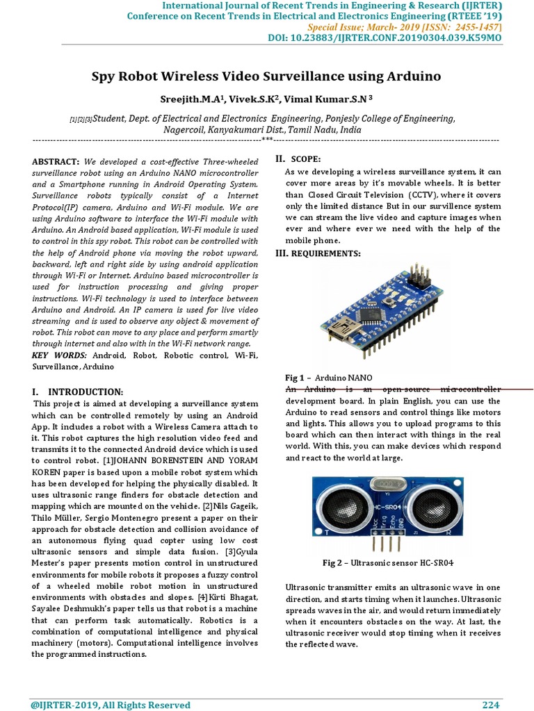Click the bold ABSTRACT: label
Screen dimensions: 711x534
click(x=56, y=161)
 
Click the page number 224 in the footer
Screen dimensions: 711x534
click(x=491, y=705)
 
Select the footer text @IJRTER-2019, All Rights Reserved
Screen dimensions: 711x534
click(x=111, y=705)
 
